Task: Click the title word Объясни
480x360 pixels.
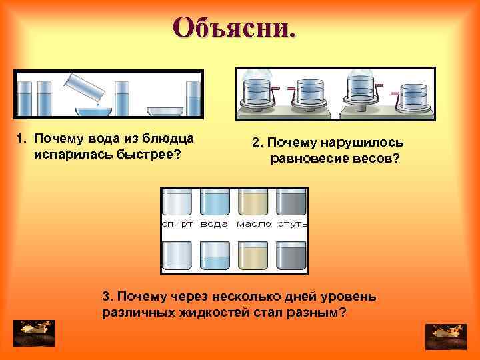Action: [233, 27]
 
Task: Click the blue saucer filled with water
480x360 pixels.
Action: [92, 111]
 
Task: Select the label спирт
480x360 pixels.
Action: [177, 225]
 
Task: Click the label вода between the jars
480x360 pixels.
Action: [215, 225]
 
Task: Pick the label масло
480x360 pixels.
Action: [253, 225]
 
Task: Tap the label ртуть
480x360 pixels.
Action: [291, 225]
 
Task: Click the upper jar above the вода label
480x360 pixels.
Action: [215, 200]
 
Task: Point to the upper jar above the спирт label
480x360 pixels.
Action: [177, 200]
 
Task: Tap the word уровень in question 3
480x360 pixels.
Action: [347, 296]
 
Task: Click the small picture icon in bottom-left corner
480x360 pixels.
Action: [34, 333]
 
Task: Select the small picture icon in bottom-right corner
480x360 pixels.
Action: [445, 335]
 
